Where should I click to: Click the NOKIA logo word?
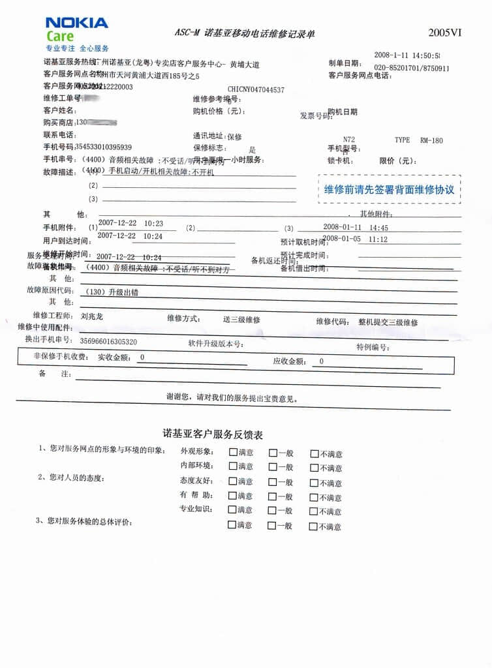pos(77,23)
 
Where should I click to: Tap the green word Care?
pos(60,37)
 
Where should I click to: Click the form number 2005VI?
pos(444,33)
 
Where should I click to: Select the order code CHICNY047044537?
pos(256,89)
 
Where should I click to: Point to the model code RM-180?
pos(431,140)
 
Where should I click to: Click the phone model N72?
pos(350,140)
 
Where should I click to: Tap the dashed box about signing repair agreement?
pos(389,189)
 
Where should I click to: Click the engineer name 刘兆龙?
pos(92,316)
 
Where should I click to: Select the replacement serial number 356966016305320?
pos(108,341)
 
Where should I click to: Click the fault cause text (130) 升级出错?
pos(112,292)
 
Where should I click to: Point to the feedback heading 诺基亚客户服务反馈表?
pos(213,434)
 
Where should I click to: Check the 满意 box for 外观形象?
pos(232,451)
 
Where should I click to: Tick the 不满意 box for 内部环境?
pos(314,467)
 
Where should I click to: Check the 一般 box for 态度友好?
pos(273,481)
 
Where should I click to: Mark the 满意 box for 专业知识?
pos(232,509)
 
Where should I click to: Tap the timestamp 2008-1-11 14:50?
pos(407,55)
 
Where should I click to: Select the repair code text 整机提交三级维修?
pos(388,322)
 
